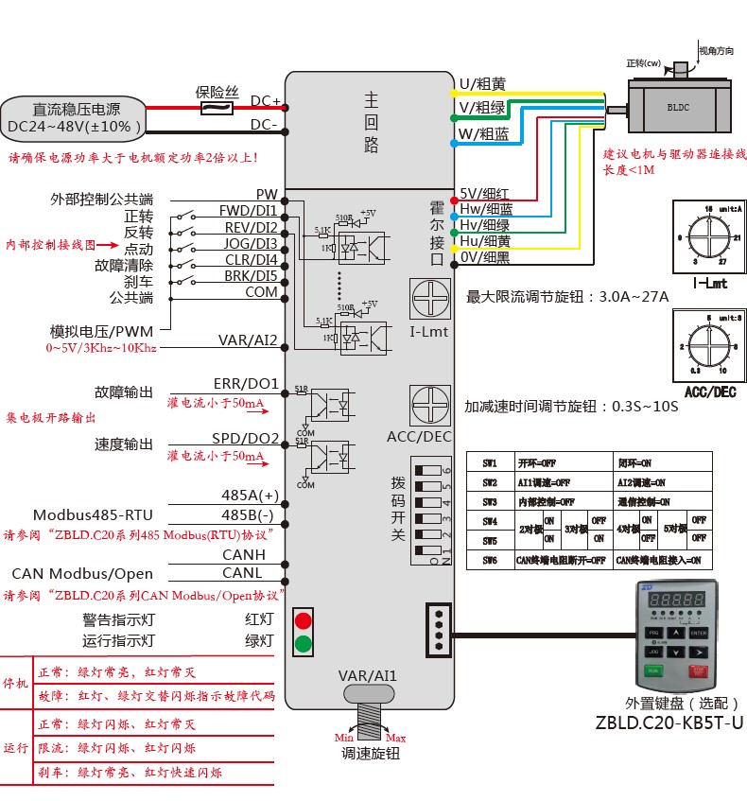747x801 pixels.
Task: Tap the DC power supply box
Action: [x=76, y=117]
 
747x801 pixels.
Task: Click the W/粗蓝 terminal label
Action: [x=483, y=134]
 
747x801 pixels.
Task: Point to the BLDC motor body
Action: [x=678, y=107]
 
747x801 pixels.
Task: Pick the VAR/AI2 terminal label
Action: [x=248, y=340]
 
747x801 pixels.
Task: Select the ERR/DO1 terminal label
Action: [x=246, y=384]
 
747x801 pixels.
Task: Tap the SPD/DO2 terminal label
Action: [x=246, y=439]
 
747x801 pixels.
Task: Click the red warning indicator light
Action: [x=304, y=620]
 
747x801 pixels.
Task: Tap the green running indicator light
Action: [x=304, y=645]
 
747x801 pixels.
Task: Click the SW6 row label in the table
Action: [x=490, y=561]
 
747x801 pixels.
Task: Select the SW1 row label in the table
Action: [x=490, y=463]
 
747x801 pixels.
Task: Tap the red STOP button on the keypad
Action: [x=700, y=672]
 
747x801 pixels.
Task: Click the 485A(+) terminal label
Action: [x=250, y=496]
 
